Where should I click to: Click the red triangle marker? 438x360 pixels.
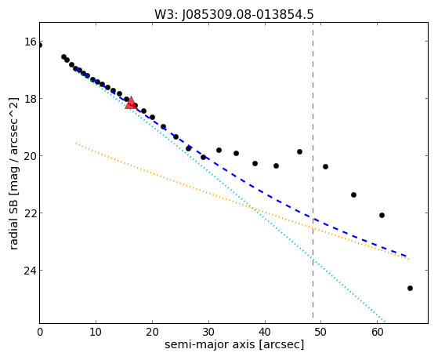coord(131,103)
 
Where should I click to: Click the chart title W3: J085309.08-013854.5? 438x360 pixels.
coord(234,14)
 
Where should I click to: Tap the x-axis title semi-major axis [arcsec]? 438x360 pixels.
coord(234,344)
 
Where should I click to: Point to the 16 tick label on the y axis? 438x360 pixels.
coord(31,42)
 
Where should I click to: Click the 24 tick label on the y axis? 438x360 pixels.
coord(31,271)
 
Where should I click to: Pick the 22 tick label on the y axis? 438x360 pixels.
coord(31,213)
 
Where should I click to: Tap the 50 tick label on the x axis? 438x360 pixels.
coord(320,333)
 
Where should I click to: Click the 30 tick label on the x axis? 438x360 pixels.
coord(208,333)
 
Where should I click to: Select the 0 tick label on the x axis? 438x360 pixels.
coord(40,333)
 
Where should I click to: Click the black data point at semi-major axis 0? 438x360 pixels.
coord(40,45)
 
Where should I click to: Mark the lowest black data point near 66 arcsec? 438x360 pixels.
coord(410,288)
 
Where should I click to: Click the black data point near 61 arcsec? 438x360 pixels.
coord(382,215)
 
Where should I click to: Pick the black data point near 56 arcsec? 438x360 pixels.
coord(353,195)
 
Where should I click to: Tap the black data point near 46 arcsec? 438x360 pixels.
coord(300,151)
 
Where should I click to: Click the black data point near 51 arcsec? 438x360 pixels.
coord(325,166)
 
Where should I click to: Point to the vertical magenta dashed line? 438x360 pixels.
coord(313,170)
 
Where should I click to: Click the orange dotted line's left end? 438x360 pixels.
coord(76,144)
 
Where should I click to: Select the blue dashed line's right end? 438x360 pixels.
coord(407,256)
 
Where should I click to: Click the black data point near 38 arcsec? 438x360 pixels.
coord(255,163)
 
